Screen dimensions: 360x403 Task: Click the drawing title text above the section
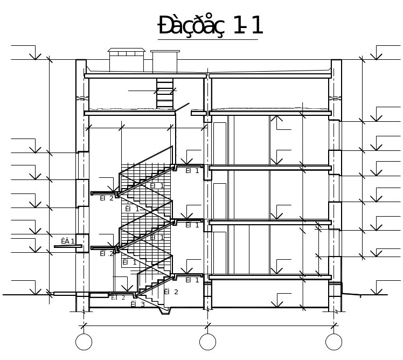point(210,26)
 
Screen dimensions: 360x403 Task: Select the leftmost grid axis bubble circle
point(84,342)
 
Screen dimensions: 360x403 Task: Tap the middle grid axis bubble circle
point(208,342)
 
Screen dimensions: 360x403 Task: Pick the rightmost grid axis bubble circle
point(333,342)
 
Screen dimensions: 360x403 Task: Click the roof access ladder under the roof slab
point(165,93)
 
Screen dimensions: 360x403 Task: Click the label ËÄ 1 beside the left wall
point(67,241)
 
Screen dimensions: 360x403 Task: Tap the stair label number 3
point(142,304)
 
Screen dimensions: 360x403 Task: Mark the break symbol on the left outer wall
point(81,99)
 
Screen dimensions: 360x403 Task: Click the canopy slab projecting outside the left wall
point(68,246)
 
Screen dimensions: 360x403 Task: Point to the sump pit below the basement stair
point(165,310)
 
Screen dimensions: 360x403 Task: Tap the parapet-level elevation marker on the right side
point(377,54)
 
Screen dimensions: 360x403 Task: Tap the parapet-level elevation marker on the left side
point(35,54)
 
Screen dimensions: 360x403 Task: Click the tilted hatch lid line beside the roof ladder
point(182,108)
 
